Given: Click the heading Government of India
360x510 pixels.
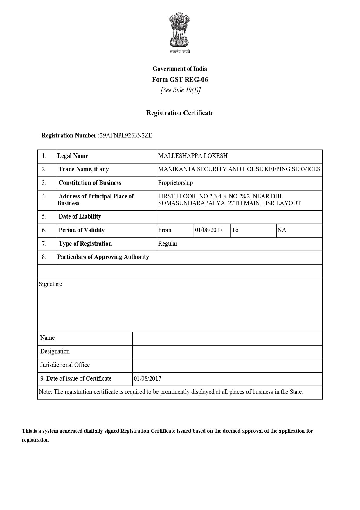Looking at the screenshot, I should pyautogui.click(x=180, y=69).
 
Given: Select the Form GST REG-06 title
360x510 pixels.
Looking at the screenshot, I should pyautogui.click(x=180, y=80).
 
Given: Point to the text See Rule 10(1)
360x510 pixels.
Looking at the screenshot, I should pyautogui.click(x=180, y=90).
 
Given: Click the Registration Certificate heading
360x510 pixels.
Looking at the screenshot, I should pyautogui.click(x=180, y=113).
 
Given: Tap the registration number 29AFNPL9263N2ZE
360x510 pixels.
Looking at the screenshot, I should pyautogui.click(x=126, y=136).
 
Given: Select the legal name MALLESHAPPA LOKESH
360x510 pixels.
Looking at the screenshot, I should pyautogui.click(x=193, y=156).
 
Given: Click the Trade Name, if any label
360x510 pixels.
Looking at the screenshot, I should pyautogui.click(x=84, y=169).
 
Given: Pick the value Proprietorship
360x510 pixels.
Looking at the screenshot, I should pyautogui.click(x=175, y=183).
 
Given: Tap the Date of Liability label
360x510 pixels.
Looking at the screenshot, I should pyautogui.click(x=80, y=216).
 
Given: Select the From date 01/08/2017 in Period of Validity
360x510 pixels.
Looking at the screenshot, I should pyautogui.click(x=209, y=230).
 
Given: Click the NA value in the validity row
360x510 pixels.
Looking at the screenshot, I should pyautogui.click(x=282, y=230).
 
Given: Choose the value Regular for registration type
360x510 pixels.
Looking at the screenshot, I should pyautogui.click(x=168, y=244).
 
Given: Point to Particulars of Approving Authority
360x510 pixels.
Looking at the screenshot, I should pyautogui.click(x=103, y=257).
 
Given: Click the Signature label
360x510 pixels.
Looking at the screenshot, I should pyautogui.click(x=51, y=284).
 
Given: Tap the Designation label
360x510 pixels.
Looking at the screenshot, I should pyautogui.click(x=55, y=352).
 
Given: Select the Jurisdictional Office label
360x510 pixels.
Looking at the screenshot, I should pyautogui.click(x=65, y=365).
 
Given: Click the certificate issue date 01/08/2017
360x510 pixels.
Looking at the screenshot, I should pyautogui.click(x=147, y=379).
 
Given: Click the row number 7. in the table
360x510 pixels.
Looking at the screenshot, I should pyautogui.click(x=44, y=244).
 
